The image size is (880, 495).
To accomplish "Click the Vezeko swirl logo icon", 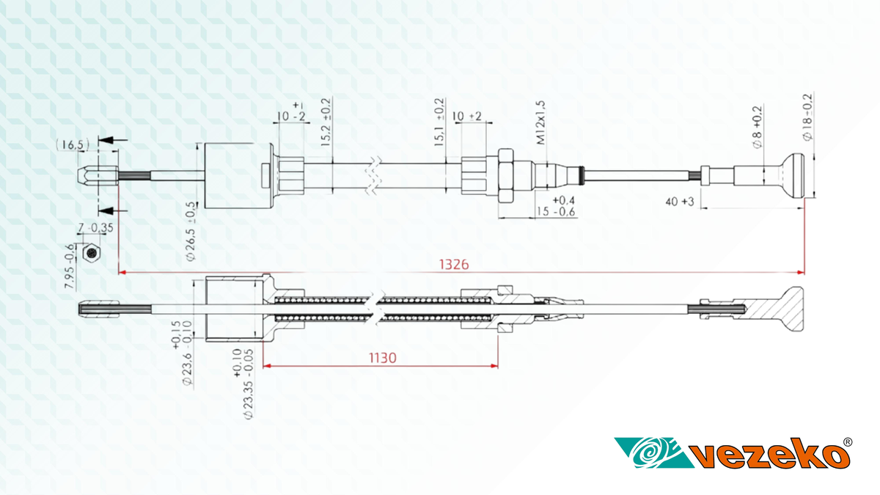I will click(645, 453).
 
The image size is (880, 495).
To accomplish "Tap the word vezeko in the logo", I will click(770, 455).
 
